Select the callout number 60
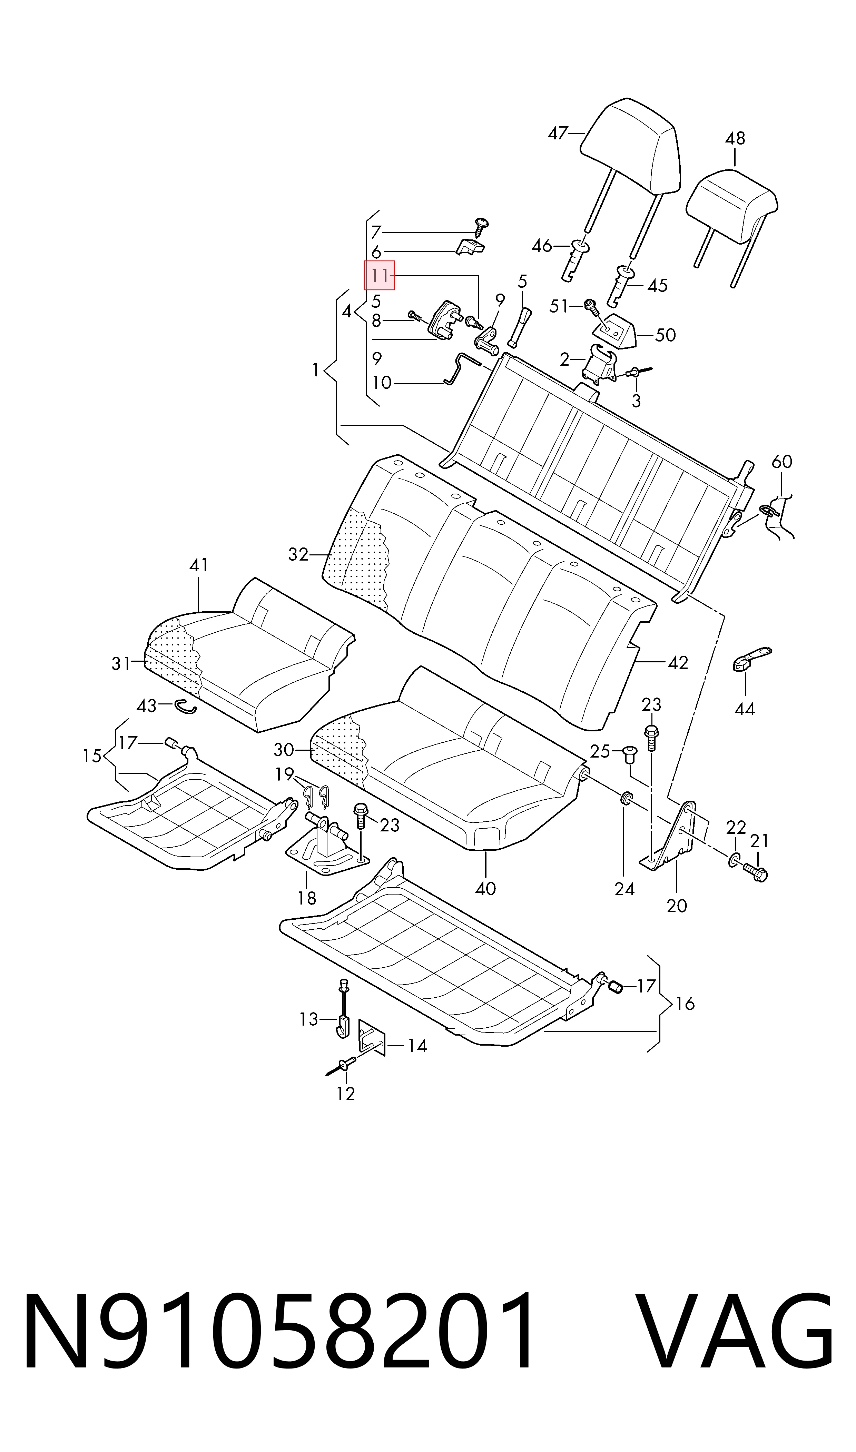[x=781, y=461]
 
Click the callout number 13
[x=308, y=1019]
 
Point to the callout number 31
[x=121, y=664]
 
